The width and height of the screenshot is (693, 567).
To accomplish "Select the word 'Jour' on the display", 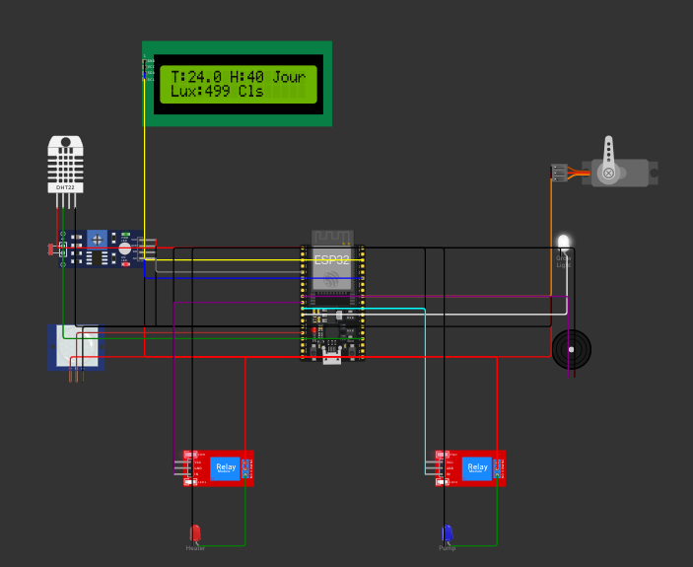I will [x=289, y=77].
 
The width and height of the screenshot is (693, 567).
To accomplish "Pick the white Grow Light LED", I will [x=563, y=242].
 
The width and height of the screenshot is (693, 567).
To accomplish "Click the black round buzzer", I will [x=572, y=349].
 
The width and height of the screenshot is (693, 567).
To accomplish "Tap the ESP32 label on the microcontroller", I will [x=331, y=260].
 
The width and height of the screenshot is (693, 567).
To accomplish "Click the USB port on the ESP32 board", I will [x=332, y=357].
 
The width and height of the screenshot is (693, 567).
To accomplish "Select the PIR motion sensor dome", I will [x=76, y=346].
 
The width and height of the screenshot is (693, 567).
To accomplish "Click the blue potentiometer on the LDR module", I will [x=97, y=240].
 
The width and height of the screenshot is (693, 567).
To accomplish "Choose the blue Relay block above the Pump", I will [x=477, y=467].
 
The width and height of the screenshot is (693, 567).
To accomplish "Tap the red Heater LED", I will [x=195, y=532].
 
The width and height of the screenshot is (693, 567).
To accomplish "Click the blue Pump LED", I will [x=447, y=532].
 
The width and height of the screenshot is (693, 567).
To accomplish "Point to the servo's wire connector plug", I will [x=559, y=174].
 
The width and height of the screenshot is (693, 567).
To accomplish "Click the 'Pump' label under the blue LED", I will [x=447, y=548].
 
